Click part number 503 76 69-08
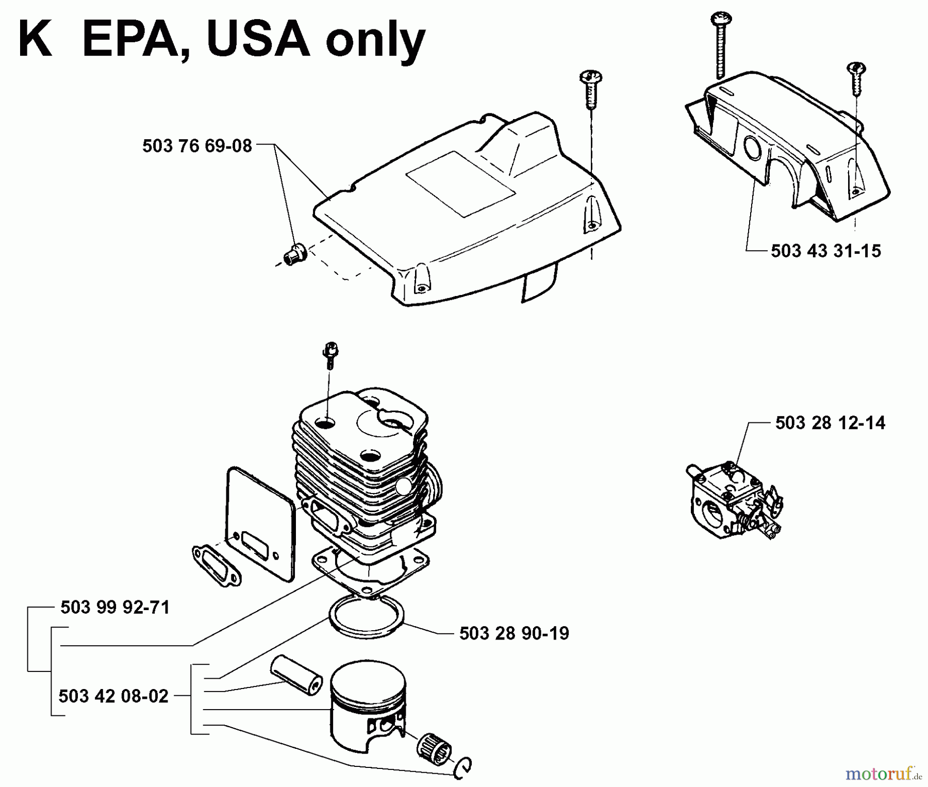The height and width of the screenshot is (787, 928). (197, 146)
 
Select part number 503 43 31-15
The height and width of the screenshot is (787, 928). (826, 251)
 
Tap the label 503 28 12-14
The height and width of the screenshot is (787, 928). (830, 423)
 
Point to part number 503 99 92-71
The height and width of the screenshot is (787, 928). (115, 608)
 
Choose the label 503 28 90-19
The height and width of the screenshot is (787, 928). (514, 633)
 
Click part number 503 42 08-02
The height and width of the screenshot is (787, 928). (113, 696)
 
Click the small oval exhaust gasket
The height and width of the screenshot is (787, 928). (216, 565)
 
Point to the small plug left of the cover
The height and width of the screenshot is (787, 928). (295, 255)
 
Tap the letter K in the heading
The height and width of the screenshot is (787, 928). (35, 41)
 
